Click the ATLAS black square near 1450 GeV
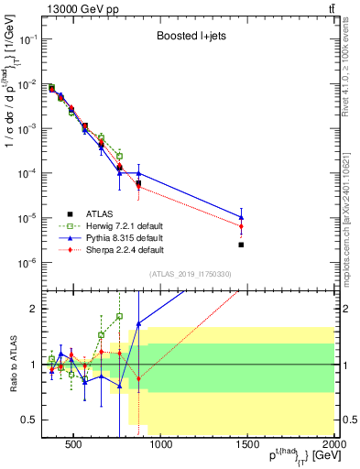(241, 245)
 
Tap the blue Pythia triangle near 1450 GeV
(241, 218)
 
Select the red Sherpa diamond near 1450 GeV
(241, 226)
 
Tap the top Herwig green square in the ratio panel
(119, 316)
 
